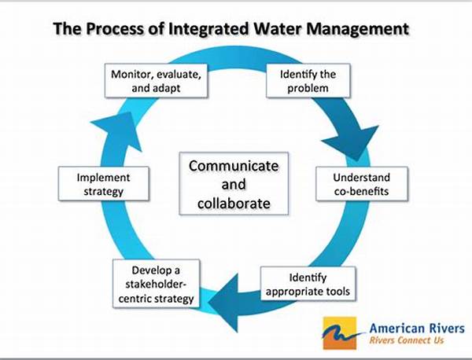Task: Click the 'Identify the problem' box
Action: pyautogui.click(x=308, y=81)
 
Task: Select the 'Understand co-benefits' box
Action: pyautogui.click(x=362, y=184)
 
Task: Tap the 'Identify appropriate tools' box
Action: pyautogui.click(x=308, y=284)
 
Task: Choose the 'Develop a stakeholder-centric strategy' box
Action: pyautogui.click(x=156, y=284)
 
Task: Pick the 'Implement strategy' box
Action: pyautogui.click(x=104, y=184)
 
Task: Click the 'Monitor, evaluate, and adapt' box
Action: pyautogui.click(x=156, y=81)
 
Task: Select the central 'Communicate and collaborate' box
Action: pyautogui.click(x=234, y=183)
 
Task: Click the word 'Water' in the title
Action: pyautogui.click(x=277, y=29)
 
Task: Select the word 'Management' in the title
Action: pyautogui.click(x=358, y=29)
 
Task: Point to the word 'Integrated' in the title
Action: pyautogui.click(x=208, y=29)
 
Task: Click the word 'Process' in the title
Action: pyautogui.click(x=115, y=29)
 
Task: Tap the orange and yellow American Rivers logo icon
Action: pyautogui.click(x=340, y=333)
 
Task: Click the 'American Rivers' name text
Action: pyautogui.click(x=417, y=328)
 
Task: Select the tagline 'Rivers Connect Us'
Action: pyautogui.click(x=407, y=340)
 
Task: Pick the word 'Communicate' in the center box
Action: pyautogui.click(x=234, y=166)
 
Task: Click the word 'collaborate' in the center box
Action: pyautogui.click(x=234, y=204)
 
